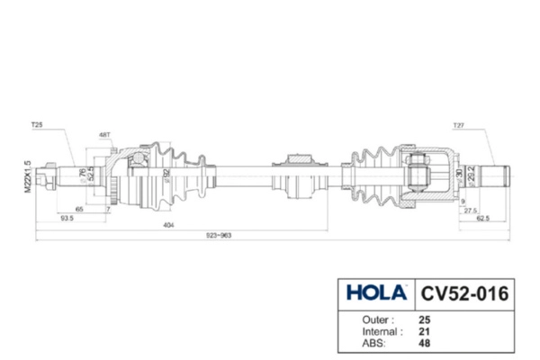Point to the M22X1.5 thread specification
[28, 175]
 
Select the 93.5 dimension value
[67, 218]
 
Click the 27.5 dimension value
[471, 209]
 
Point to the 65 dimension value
[79, 209]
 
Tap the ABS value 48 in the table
[425, 342]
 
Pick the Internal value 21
[425, 330]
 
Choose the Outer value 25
[425, 319]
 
